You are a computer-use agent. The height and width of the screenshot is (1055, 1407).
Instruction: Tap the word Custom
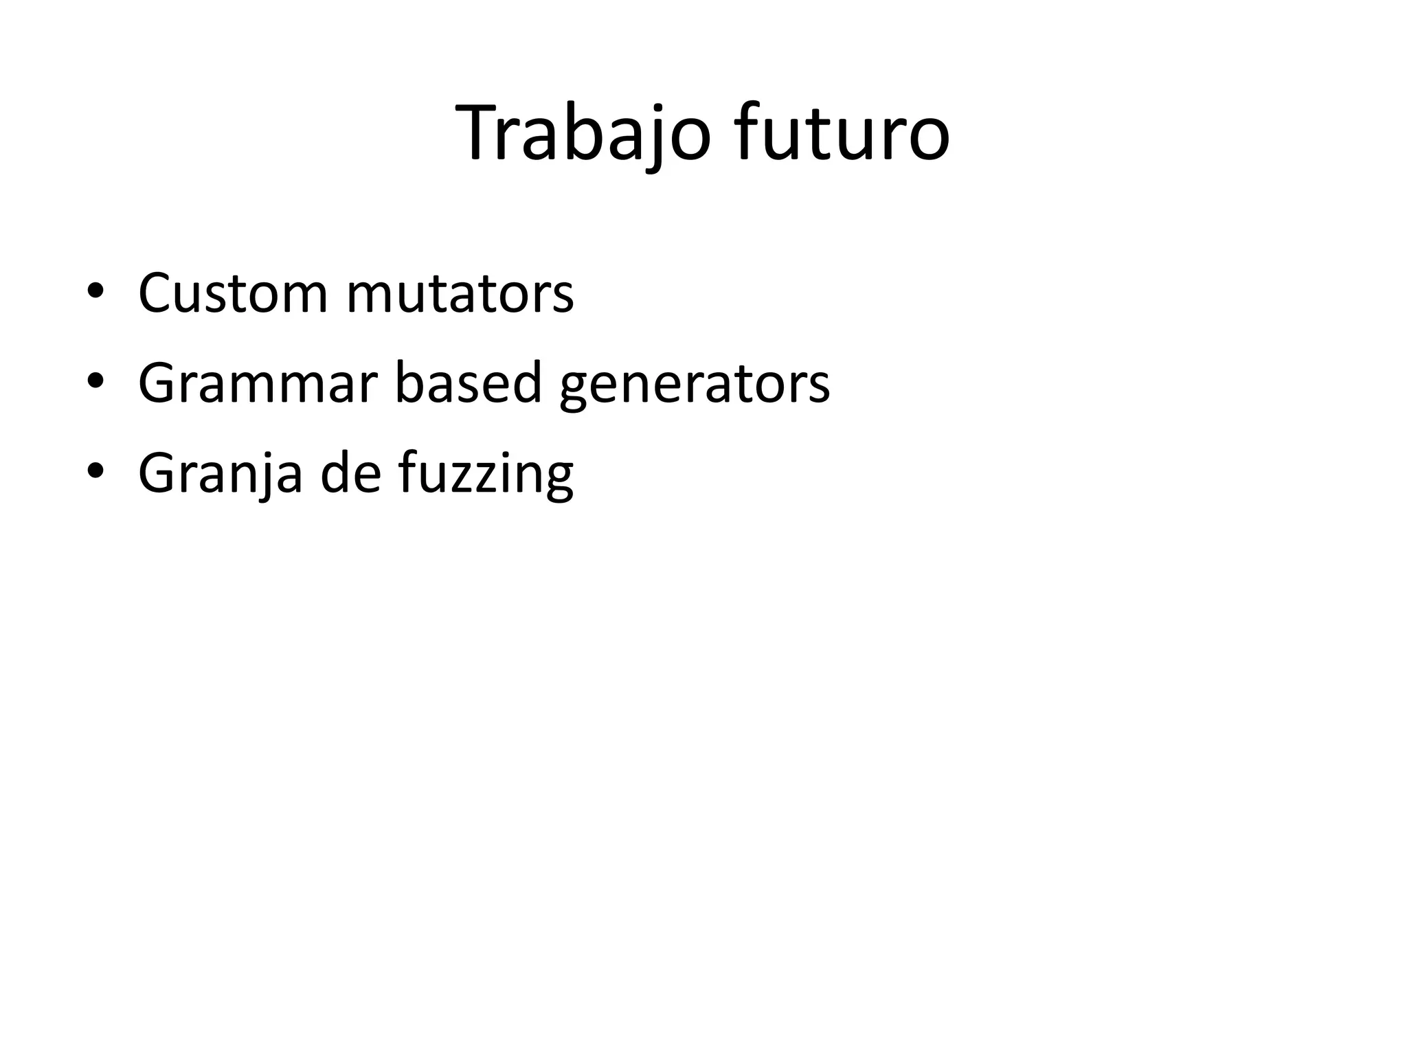tap(233, 294)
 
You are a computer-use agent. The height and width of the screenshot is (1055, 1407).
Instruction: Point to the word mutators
tap(460, 294)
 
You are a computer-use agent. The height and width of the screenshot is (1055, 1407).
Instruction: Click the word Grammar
tap(258, 383)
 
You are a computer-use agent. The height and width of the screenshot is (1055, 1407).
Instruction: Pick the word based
tap(468, 383)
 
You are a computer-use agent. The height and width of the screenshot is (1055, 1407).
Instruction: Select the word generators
tap(695, 385)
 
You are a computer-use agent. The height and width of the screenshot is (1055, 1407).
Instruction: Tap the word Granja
tap(220, 474)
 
